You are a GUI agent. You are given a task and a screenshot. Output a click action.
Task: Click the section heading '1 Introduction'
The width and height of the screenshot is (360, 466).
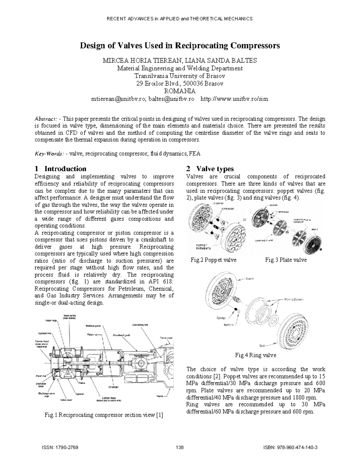(61, 169)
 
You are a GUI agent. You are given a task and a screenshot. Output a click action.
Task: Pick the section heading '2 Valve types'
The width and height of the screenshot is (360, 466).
(210, 169)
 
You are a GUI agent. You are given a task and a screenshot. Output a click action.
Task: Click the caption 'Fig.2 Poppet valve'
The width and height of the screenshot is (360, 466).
(214, 260)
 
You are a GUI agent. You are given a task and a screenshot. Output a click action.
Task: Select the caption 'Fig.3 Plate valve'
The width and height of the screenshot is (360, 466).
(286, 260)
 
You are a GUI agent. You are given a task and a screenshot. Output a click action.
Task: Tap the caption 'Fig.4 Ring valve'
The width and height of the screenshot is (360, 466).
(256, 355)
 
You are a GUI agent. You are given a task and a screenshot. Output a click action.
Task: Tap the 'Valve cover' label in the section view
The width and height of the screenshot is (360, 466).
(67, 400)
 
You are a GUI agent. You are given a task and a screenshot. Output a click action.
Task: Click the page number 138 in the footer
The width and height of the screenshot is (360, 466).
(180, 447)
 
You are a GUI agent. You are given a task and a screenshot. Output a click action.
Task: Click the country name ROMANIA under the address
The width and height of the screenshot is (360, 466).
(180, 91)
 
